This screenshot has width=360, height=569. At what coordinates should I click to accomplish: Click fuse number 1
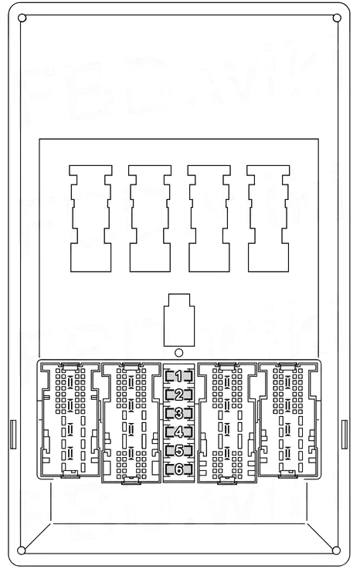(x=178, y=377)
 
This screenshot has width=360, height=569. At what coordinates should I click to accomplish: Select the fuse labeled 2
(x=178, y=395)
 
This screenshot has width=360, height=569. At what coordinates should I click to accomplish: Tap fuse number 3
(x=178, y=414)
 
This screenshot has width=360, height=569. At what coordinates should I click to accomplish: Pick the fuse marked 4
(x=178, y=432)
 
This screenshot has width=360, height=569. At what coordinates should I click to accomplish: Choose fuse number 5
(x=178, y=451)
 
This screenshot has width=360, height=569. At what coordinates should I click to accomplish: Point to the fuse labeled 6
(x=178, y=469)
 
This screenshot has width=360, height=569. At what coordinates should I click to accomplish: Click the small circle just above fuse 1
(x=179, y=354)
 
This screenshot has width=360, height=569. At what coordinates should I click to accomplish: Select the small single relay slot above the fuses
(x=179, y=317)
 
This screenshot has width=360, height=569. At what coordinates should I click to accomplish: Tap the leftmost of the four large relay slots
(x=90, y=218)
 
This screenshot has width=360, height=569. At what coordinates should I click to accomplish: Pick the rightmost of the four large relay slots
(x=268, y=218)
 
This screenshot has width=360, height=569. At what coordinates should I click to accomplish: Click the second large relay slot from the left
(x=150, y=218)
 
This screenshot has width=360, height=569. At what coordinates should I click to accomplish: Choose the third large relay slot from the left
(x=209, y=218)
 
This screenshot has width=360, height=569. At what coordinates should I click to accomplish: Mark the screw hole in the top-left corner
(x=22, y=18)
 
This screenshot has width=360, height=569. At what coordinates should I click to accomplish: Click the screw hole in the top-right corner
(x=337, y=18)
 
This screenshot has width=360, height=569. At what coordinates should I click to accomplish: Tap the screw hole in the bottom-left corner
(x=22, y=550)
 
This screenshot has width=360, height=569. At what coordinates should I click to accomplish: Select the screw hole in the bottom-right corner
(x=337, y=550)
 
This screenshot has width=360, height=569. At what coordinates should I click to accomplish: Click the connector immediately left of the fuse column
(x=131, y=423)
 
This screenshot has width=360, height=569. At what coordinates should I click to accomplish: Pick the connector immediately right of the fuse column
(x=227, y=423)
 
